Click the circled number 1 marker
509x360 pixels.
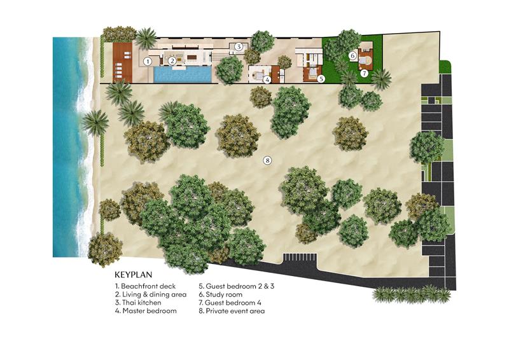click(147, 62)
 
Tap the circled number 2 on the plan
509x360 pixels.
click(172, 62)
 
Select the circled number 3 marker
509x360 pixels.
click(238, 46)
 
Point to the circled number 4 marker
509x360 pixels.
click(268, 80)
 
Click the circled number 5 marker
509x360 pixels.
click(321, 79)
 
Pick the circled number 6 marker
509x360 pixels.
click(352, 56)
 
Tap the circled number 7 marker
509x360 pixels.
click(364, 73)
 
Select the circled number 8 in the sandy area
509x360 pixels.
click(267, 160)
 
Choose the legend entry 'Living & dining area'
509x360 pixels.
click(150, 295)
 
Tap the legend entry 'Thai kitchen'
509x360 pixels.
click(137, 303)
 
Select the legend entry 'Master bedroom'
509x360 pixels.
click(143, 312)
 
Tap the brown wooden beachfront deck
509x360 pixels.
click(122, 62)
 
